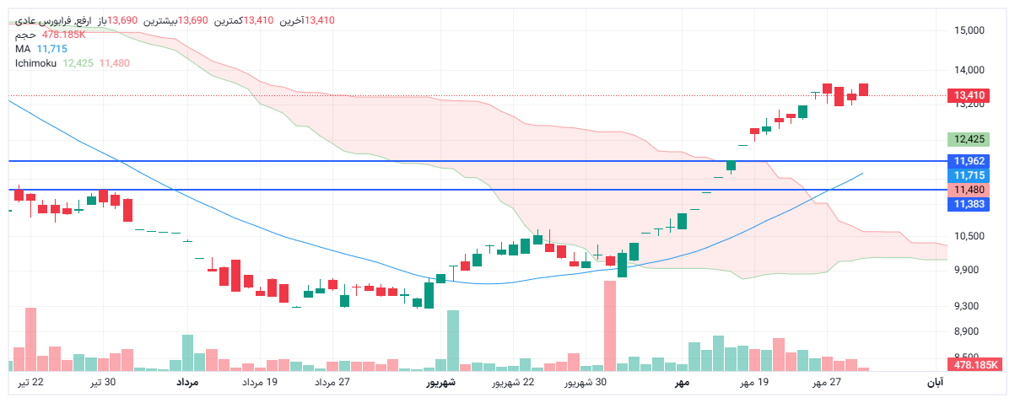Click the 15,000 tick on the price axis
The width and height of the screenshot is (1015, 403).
[x=969, y=30]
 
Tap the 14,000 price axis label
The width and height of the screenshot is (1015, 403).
[x=969, y=71]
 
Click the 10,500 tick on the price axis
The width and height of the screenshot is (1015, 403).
[x=969, y=235]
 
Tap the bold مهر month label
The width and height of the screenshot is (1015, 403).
[x=682, y=383]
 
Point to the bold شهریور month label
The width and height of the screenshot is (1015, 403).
[x=440, y=383]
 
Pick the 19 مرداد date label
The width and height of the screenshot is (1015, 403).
[x=260, y=383]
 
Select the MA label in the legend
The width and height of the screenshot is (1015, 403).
[x=23, y=49]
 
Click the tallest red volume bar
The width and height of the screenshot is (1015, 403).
[x=610, y=325]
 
